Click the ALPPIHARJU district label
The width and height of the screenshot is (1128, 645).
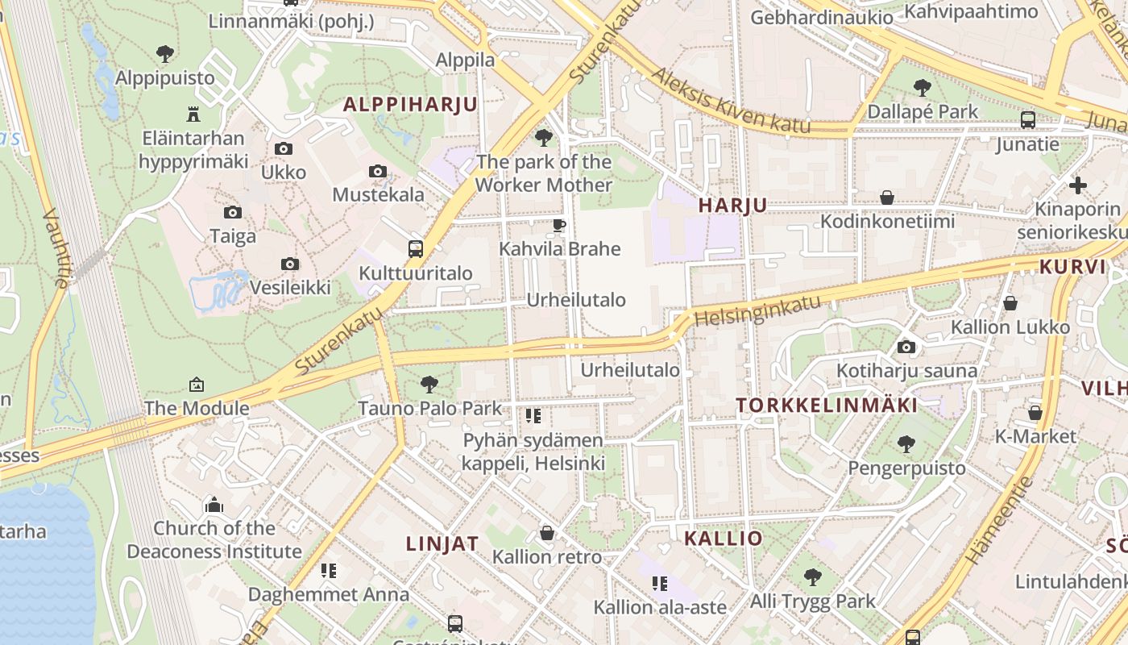pos(410,104)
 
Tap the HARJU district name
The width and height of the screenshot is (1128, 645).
pos(732,206)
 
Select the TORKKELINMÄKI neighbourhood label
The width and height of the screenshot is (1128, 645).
pos(827,405)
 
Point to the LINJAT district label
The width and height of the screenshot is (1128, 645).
pos(442,543)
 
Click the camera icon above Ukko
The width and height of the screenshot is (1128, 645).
pos(284,148)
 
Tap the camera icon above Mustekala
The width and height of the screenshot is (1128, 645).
pos(378,171)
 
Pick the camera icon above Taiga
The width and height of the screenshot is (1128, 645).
pos(233,212)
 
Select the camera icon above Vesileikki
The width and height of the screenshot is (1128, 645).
pos(290,264)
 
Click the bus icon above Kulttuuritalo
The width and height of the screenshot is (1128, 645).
pos(416,248)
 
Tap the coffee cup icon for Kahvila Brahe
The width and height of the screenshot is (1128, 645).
pos(559,225)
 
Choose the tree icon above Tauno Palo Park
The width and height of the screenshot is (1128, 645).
pos(429,384)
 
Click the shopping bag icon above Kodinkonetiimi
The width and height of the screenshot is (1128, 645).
pos(887,198)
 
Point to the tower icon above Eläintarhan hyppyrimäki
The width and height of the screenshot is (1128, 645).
pos(193,114)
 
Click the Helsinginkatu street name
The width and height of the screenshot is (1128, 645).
pos(757,311)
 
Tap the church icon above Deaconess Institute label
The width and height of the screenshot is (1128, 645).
pos(214,505)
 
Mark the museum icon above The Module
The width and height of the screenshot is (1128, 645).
pos(197,385)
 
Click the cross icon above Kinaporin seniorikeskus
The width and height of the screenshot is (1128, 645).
pos(1078,185)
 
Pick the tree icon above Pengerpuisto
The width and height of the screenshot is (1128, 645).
pos(906,443)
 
